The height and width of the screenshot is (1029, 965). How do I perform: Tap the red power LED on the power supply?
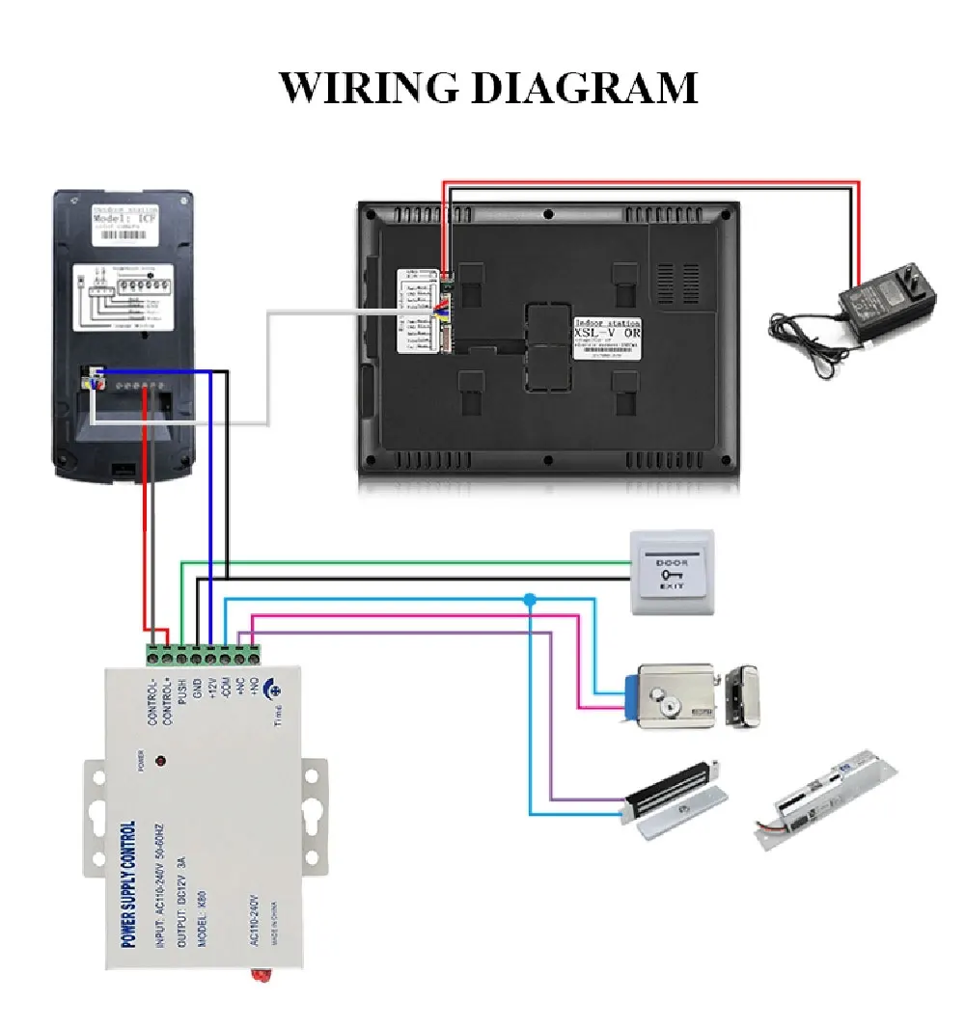160,761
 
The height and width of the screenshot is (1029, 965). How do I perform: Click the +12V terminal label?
211,693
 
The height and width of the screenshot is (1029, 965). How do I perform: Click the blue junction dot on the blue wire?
529,600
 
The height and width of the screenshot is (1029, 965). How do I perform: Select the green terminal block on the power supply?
204,656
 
